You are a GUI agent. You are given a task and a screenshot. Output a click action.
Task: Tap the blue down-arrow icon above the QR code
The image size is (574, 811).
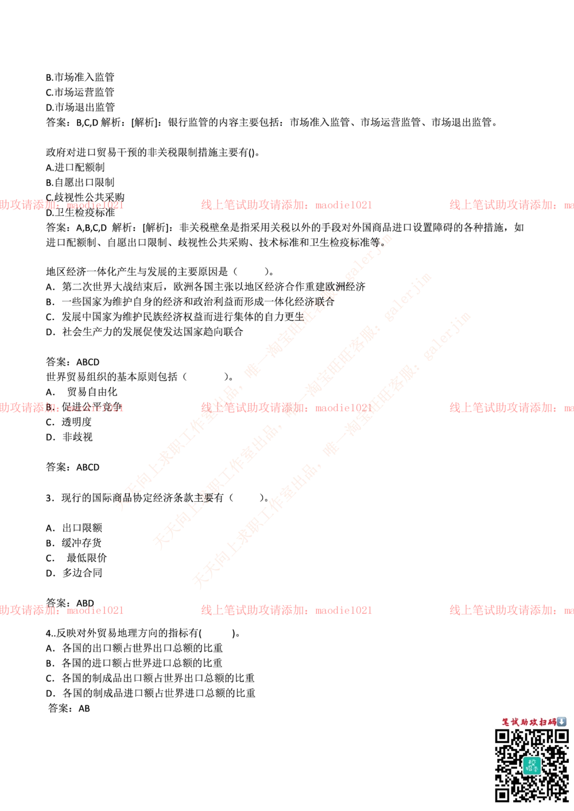click(562, 722)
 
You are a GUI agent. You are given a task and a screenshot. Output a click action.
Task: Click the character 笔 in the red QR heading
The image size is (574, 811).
click(506, 722)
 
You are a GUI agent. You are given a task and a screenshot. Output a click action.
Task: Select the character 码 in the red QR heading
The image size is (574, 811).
click(552, 722)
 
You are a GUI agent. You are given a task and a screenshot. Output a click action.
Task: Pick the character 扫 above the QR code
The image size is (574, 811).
click(542, 722)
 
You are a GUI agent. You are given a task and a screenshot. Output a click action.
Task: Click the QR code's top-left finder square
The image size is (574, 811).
click(502, 736)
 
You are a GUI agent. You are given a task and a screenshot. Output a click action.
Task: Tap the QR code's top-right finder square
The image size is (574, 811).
click(561, 736)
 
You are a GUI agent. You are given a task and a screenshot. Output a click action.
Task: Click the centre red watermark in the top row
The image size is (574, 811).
click(286, 205)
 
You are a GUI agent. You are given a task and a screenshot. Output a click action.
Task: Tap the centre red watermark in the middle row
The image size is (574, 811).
click(286, 408)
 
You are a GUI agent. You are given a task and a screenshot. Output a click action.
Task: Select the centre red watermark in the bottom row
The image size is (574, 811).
click(286, 610)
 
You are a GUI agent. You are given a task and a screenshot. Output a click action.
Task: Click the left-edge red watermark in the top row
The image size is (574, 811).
click(61, 205)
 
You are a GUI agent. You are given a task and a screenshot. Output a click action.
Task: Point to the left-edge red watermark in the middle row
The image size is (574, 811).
click(61, 408)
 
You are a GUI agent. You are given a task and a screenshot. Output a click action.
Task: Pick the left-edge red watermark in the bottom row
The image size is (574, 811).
click(61, 610)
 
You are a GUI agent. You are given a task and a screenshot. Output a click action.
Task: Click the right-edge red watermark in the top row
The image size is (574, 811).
click(511, 205)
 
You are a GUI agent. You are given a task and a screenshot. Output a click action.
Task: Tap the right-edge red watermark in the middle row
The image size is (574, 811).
click(511, 408)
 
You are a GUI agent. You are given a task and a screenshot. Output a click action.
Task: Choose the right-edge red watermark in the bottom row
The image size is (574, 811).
click(511, 610)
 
